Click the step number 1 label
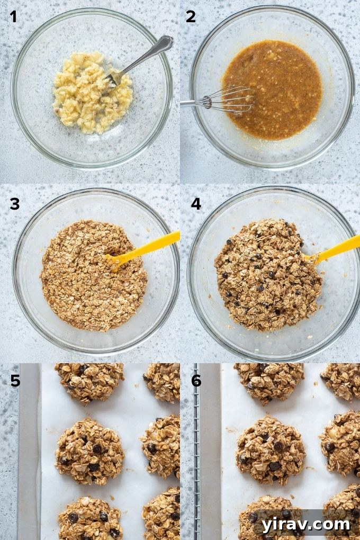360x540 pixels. click(x=13, y=17)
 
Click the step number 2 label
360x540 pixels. click(x=191, y=17)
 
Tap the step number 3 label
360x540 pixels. click(x=14, y=203)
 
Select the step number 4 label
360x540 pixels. click(x=196, y=203)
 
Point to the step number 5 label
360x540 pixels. click(x=15, y=380)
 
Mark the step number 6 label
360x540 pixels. click(x=196, y=380)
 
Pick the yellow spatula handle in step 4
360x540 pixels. click(x=339, y=248)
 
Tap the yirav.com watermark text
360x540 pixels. click(x=305, y=524)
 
